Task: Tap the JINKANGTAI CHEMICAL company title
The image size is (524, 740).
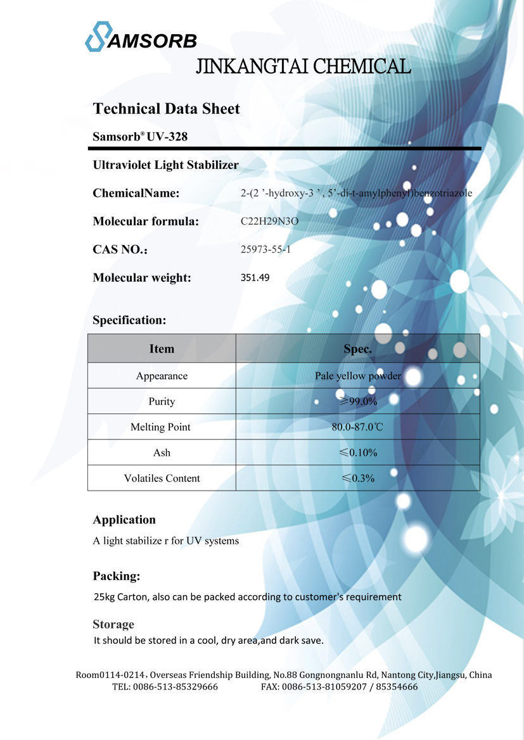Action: point(304,66)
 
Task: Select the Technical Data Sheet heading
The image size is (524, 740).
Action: point(167,109)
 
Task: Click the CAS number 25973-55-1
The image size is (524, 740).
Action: point(265,249)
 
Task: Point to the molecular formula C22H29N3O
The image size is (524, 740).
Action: point(269,222)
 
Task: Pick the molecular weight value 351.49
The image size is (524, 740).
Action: point(255,277)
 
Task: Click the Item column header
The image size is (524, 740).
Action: point(162,349)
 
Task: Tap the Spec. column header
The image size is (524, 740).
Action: point(357,349)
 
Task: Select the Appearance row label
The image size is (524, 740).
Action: point(162,376)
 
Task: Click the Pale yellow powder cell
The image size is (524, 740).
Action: point(358,376)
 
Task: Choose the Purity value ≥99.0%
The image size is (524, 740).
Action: point(358,401)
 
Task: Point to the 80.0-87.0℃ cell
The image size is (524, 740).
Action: point(357,427)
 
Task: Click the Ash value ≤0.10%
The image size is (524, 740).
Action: point(358,453)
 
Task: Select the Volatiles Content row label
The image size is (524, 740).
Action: point(162,479)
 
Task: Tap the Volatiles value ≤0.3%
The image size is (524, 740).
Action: point(358,479)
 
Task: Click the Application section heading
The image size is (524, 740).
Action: point(124,520)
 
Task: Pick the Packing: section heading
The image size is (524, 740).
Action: point(117,576)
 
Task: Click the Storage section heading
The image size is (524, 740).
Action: point(113,625)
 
